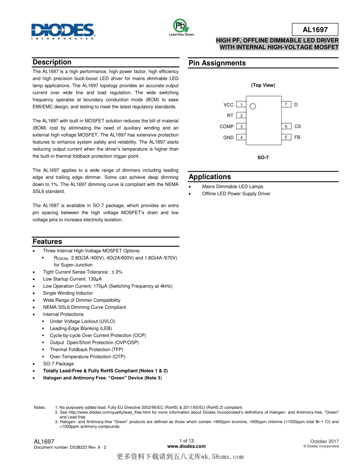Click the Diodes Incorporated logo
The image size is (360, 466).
(x=63, y=31)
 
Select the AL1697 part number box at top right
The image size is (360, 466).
(x=315, y=30)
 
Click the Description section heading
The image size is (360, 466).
(x=52, y=62)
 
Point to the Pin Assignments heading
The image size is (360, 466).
(x=217, y=63)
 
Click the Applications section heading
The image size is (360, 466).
(x=210, y=177)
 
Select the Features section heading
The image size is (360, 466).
(x=47, y=242)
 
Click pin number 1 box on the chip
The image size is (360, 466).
(x=241, y=105)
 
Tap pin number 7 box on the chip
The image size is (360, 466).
(x=286, y=104)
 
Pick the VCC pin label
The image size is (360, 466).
(x=229, y=105)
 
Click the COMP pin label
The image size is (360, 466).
(x=227, y=127)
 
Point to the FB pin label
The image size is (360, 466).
(x=297, y=137)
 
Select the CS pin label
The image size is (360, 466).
(x=297, y=126)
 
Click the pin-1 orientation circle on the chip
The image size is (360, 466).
(x=253, y=106)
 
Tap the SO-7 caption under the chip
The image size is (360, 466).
(x=263, y=157)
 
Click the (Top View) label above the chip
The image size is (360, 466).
(x=263, y=85)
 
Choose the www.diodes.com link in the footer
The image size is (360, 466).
(x=186, y=446)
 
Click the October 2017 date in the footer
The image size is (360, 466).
(x=324, y=441)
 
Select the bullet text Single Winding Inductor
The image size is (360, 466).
(x=68, y=293)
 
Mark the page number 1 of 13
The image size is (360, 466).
(x=186, y=441)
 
